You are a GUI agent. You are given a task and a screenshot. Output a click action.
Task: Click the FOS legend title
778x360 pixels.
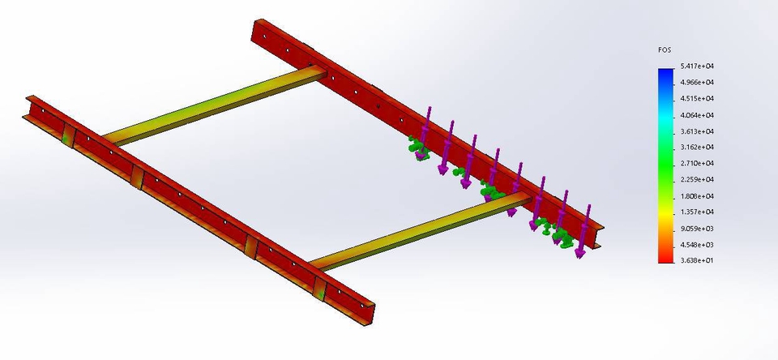(x=664, y=50)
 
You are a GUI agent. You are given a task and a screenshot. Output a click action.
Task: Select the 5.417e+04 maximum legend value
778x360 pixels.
(x=697, y=66)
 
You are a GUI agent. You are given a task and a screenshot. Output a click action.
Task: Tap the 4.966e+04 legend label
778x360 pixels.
(x=697, y=83)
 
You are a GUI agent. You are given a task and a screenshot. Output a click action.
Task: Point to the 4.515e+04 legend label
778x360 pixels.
(x=697, y=99)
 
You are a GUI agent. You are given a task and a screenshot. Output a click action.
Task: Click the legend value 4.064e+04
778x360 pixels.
(x=697, y=115)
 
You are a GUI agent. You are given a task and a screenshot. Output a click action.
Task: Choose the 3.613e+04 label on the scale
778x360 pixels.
(x=697, y=131)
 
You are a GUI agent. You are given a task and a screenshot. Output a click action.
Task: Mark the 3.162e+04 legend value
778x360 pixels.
(x=697, y=148)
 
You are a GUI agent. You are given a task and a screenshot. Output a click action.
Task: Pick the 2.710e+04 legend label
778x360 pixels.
(x=697, y=164)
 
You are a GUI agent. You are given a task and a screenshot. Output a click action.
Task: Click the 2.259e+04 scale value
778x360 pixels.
(x=697, y=180)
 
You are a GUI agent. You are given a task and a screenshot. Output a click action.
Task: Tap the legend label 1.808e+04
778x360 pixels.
(x=697, y=196)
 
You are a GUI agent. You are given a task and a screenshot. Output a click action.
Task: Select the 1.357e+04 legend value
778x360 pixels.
(x=697, y=212)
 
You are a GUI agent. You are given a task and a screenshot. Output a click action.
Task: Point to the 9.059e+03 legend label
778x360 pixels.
(x=697, y=229)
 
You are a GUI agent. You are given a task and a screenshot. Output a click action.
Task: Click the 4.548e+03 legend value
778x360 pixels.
(x=697, y=245)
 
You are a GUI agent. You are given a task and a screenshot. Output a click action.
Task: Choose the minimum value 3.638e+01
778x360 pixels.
(x=697, y=261)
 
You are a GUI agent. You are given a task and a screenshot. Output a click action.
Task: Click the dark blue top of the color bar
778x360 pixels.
(x=665, y=73)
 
